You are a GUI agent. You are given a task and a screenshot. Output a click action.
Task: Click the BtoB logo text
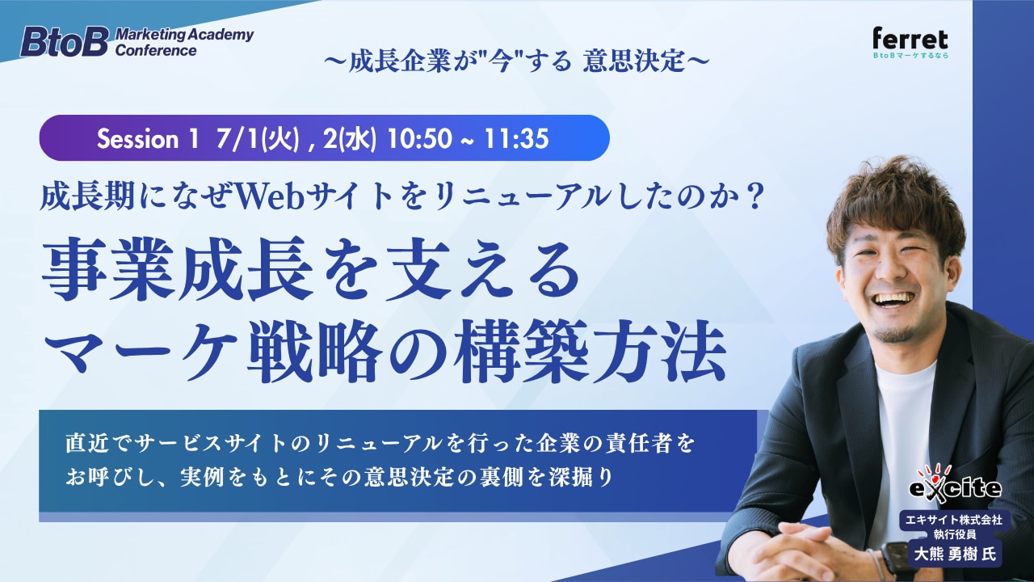pos(64,42)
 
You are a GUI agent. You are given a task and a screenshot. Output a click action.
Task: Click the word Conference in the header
pos(156,50)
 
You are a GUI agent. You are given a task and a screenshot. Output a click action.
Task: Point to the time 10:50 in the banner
pos(419,138)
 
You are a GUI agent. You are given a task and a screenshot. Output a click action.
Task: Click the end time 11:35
pos(516,138)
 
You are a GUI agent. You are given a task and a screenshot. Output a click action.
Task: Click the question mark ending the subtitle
pos(751,196)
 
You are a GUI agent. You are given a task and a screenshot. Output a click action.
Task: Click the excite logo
pos(955,483)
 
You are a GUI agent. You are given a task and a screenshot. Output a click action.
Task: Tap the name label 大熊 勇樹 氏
pos(955,554)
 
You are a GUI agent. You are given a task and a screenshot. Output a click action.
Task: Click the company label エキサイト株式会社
pos(954,520)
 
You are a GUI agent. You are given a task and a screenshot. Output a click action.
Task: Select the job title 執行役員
pos(954,534)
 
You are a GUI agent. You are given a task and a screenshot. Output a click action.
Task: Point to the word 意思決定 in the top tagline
pos(634,62)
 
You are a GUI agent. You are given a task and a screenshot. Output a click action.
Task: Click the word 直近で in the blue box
pos(100,444)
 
